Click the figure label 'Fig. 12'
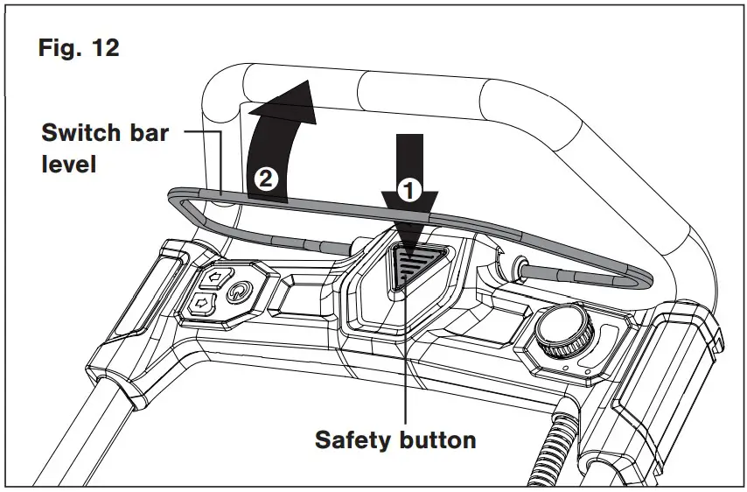(79, 48)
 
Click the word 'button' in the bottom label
(441, 439)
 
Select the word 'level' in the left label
(69, 163)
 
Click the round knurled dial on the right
(562, 332)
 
